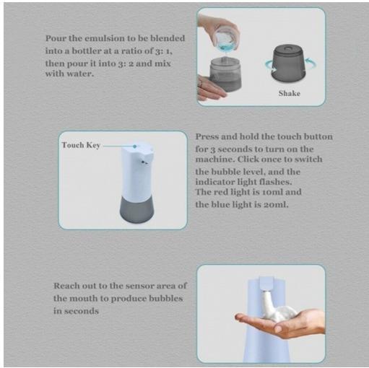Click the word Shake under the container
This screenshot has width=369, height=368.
[289, 94]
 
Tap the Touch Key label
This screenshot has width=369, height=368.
[81, 145]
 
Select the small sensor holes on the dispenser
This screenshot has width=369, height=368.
[144, 161]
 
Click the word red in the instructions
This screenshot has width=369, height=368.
[220, 193]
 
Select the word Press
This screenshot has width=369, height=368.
[208, 136]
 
